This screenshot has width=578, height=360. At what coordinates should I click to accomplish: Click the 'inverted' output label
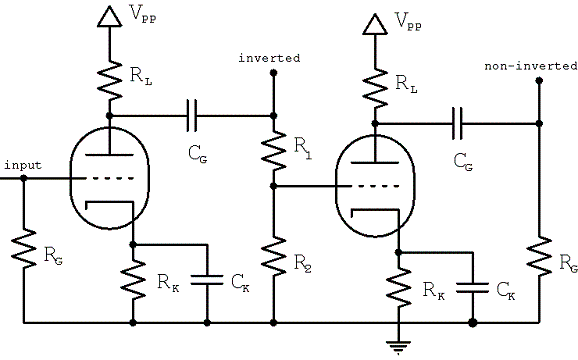[269, 58]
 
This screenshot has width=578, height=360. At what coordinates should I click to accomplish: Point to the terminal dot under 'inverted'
[273, 84]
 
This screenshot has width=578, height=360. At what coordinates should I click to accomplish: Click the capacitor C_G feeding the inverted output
[193, 116]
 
